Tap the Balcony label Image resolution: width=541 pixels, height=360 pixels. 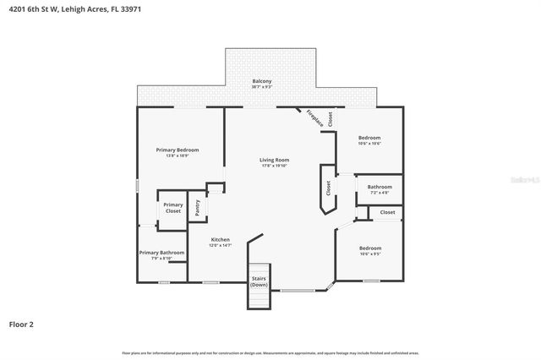(261, 81)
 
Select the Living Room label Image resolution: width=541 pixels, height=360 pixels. (274, 160)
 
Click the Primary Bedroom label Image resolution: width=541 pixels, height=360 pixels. (178, 150)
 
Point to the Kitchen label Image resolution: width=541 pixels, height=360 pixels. (221, 239)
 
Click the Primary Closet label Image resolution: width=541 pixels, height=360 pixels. (172, 207)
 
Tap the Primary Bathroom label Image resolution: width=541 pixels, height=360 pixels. (161, 252)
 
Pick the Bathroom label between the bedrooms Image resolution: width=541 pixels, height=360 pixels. (380, 187)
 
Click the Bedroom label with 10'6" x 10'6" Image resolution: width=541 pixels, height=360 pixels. (369, 137)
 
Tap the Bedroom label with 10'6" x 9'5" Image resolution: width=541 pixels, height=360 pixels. (370, 248)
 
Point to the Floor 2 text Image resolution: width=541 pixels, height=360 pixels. (22, 324)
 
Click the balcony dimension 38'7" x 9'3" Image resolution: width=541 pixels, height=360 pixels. (261, 87)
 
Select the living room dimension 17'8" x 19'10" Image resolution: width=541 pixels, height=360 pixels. (274, 166)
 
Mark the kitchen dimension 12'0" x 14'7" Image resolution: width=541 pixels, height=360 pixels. (221, 245)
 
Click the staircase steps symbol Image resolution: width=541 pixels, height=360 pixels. (258, 298)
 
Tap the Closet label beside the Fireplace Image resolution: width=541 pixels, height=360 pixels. (331, 119)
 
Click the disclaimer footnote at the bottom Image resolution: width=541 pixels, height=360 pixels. (270, 352)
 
